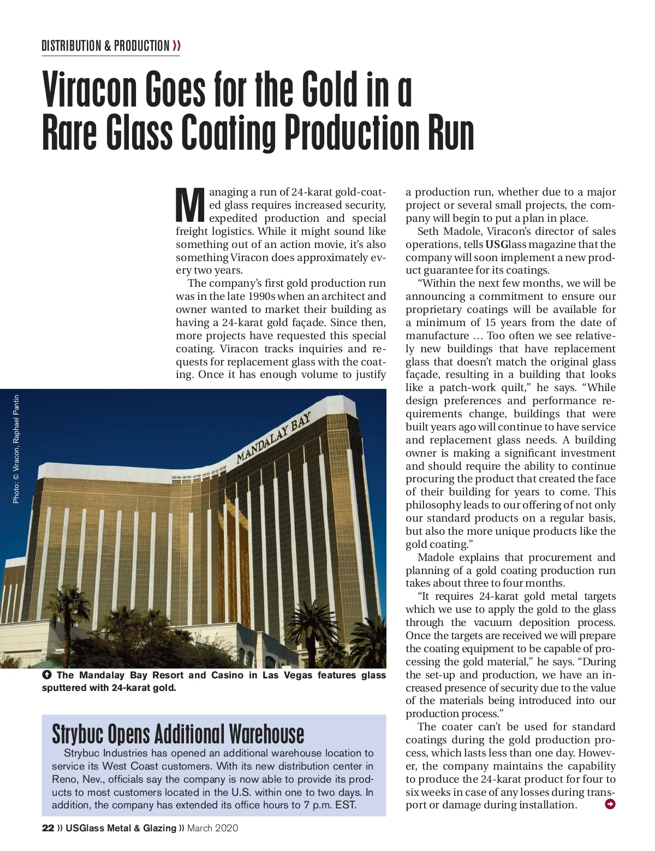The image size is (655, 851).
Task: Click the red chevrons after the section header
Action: [176, 46]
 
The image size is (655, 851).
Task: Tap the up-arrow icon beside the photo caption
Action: [47, 675]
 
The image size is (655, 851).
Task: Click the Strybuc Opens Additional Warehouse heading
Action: [178, 734]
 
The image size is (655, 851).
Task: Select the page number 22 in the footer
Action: [48, 828]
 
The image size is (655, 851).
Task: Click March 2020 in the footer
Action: [213, 828]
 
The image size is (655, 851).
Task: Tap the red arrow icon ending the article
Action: [610, 804]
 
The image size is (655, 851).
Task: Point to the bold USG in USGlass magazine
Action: [496, 244]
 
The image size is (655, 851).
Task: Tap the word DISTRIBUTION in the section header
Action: [72, 46]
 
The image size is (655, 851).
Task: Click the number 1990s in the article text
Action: [261, 296]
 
